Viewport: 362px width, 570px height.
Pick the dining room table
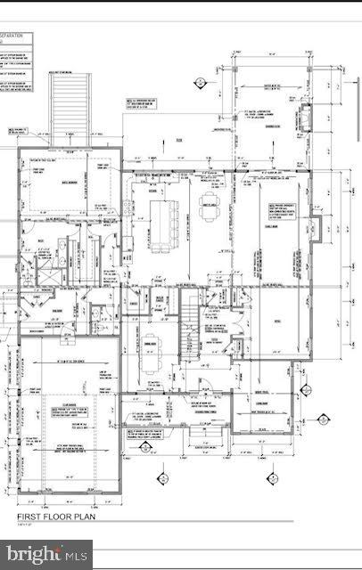151,344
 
